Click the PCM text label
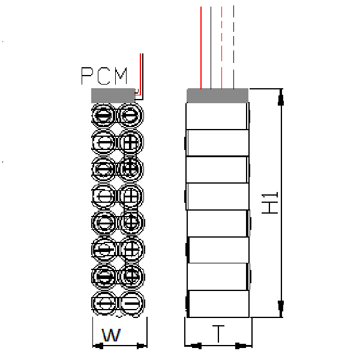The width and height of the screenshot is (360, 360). coord(105,76)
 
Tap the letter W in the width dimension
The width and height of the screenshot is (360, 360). coord(110,335)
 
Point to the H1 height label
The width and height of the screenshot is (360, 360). coord(271,203)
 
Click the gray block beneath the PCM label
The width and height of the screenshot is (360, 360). coord(113,95)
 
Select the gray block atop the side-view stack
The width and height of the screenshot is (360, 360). coord(217,95)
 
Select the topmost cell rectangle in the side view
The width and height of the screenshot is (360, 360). coord(217,116)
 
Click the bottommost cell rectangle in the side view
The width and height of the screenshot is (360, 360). coord(218,304)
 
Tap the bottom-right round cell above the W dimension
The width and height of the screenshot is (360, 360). coord(131,303)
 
